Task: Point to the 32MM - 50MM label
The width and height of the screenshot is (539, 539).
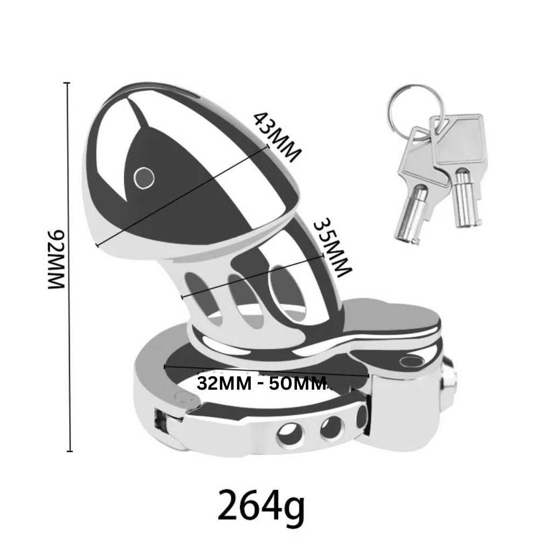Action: tap(261, 384)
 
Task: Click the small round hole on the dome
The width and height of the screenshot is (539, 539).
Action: tap(144, 177)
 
